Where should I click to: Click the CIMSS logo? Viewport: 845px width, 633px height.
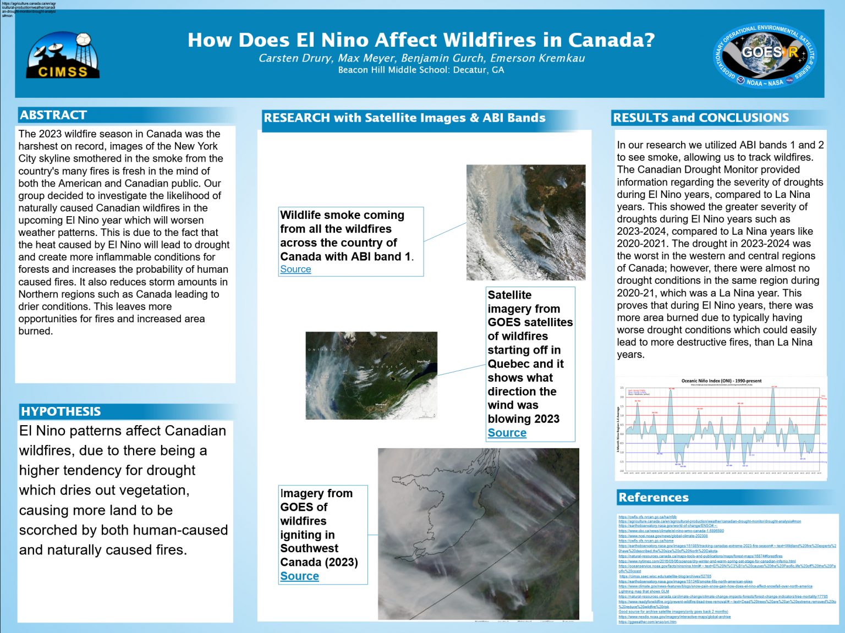pos(63,55)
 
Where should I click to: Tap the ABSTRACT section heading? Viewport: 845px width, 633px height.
pos(53,115)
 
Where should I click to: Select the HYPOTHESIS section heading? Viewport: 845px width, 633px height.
pos(61,411)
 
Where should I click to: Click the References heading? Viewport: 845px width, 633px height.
pos(653,497)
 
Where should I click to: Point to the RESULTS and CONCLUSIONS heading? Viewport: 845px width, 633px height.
pos(700,118)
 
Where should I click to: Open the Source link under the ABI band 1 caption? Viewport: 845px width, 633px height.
pos(295,269)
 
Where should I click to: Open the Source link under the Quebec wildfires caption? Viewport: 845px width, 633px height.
pos(507,433)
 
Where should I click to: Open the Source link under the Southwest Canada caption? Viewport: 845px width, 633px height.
pos(299,576)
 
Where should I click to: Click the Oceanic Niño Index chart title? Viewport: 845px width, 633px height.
pos(721,381)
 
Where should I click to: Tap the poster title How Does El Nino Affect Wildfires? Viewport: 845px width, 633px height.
pos(421,40)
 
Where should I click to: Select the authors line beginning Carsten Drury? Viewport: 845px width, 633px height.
pos(421,58)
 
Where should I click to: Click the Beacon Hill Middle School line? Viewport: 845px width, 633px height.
pos(421,70)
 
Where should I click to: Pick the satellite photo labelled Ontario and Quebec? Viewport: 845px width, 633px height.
pos(371,375)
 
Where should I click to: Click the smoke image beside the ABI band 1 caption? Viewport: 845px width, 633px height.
pos(525,222)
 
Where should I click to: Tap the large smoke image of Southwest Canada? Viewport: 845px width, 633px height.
pos(478,533)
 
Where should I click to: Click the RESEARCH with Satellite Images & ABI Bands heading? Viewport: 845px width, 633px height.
pos(404,118)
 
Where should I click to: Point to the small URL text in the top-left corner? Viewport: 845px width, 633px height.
pos(29,9)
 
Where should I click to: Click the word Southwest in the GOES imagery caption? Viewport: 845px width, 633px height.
pos(309,548)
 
